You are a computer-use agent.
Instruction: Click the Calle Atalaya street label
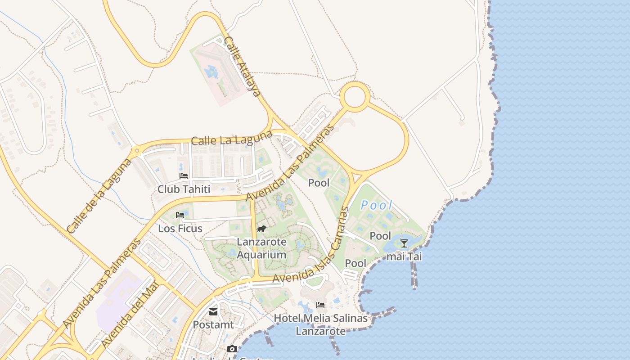(242, 67)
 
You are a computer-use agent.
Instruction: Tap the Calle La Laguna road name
(232, 138)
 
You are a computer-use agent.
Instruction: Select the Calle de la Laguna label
(99, 196)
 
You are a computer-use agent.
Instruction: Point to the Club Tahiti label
(184, 189)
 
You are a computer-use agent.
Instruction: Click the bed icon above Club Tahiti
(184, 176)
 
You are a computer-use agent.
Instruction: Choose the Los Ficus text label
(180, 229)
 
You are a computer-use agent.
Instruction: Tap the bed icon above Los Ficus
(180, 215)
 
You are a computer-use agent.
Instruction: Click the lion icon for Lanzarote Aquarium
(261, 229)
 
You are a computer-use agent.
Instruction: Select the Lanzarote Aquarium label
(262, 248)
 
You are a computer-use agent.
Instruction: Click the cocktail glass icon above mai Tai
(404, 243)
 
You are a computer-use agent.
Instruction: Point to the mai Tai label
(404, 257)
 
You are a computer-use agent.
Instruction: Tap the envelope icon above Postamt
(213, 311)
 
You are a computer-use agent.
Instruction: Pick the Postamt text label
(213, 324)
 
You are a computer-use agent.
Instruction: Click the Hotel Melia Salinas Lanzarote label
(321, 324)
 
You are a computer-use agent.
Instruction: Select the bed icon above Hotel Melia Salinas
(320, 305)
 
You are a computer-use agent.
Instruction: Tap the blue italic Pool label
(377, 206)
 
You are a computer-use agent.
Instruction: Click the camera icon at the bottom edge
(232, 349)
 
